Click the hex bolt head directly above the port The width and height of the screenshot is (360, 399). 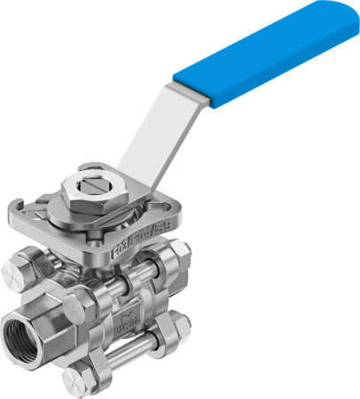25,265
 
